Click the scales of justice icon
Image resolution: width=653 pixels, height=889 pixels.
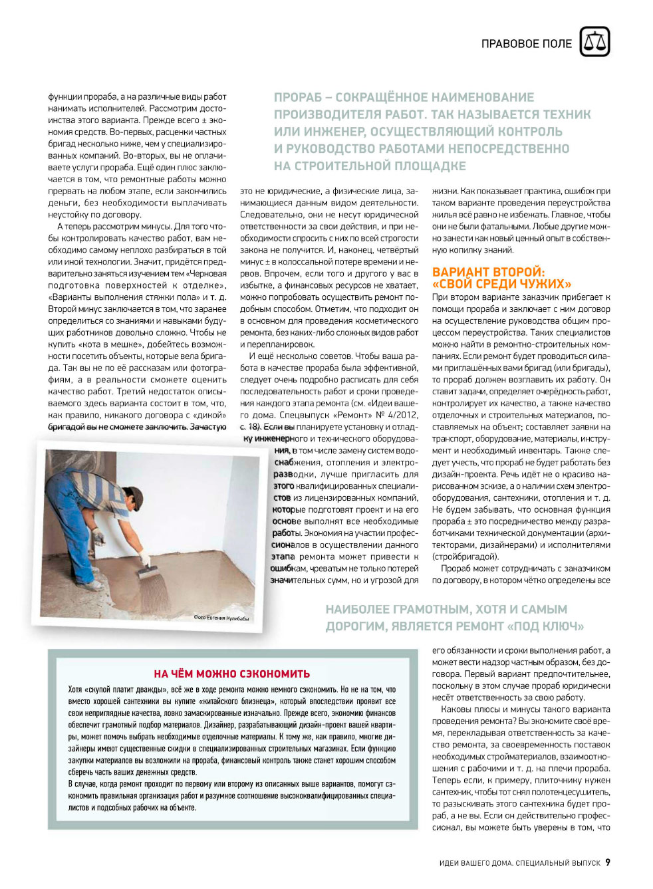594,43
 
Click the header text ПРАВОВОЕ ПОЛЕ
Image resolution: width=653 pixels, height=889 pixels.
526,44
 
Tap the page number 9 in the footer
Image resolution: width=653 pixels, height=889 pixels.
608,862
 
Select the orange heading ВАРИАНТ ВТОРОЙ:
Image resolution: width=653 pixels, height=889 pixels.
488,272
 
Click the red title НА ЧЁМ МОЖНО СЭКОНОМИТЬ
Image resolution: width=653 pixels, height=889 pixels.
232,674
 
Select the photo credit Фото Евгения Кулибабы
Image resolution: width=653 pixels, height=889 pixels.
221,618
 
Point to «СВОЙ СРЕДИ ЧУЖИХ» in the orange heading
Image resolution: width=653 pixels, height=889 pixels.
501,284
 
